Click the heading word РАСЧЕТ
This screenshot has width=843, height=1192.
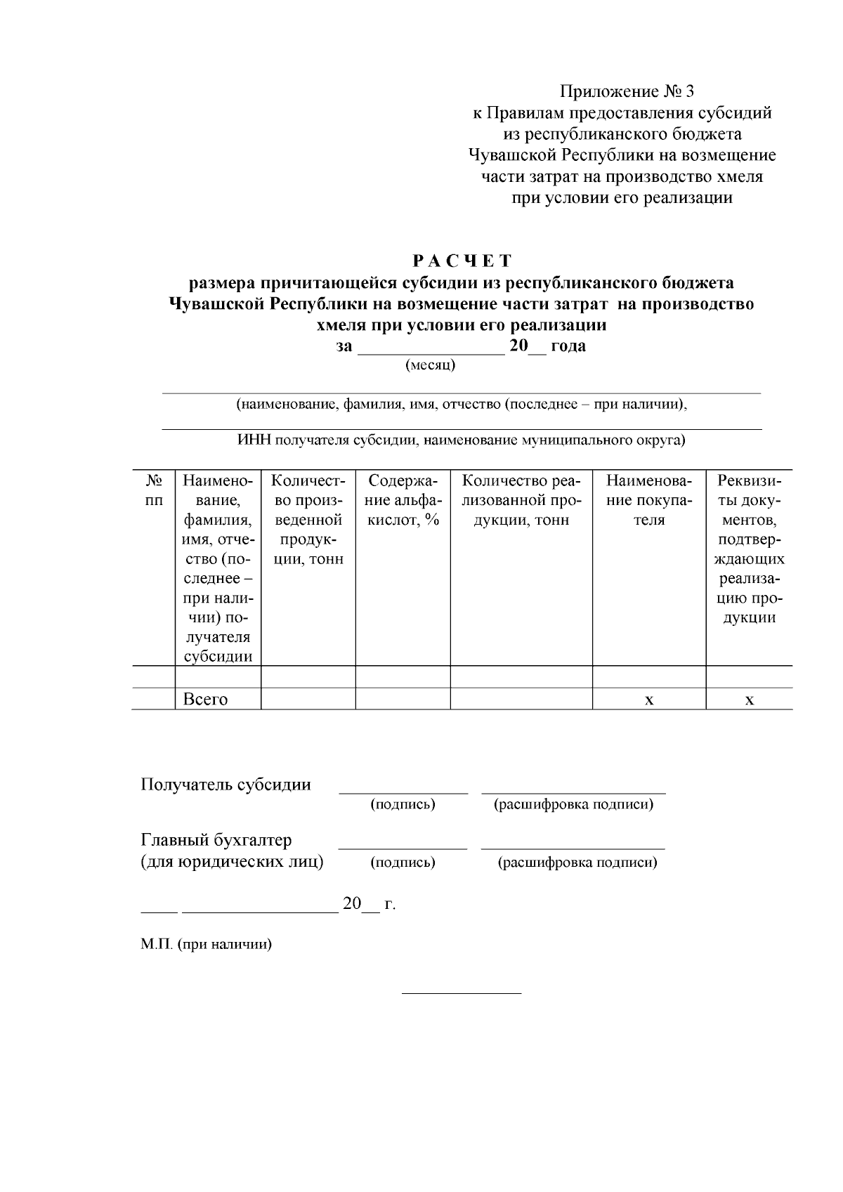point(462,261)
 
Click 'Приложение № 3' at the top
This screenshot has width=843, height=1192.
point(627,91)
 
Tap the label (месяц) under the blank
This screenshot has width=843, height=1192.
point(431,365)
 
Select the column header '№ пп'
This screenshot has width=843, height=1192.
point(154,490)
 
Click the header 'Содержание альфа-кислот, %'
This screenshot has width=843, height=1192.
point(403,500)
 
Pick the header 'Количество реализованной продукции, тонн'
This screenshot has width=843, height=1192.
point(521,500)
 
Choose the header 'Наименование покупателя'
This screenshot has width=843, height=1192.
point(648,500)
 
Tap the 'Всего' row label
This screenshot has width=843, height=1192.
point(205,700)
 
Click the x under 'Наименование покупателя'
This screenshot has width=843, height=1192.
point(649,700)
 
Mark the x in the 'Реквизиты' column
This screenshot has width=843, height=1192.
point(750,700)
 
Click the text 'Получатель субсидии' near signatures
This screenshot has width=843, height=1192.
point(226,785)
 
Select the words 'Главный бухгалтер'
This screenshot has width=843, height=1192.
point(216,840)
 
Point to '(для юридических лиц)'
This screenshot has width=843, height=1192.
point(233,862)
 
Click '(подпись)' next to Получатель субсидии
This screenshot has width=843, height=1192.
point(403,805)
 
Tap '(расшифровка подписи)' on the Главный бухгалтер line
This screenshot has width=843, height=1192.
point(577,863)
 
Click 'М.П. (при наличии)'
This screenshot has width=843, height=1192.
point(206,945)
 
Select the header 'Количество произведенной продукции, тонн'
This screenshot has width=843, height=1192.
point(308,520)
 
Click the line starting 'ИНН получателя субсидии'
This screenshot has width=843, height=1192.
point(461,440)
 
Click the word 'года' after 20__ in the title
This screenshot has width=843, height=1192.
point(568,346)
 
